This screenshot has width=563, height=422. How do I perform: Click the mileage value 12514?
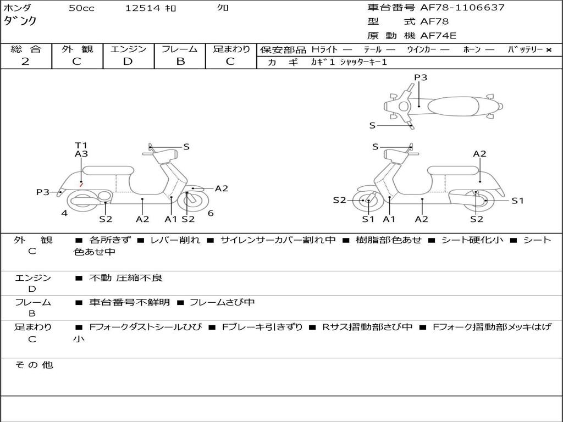pos(142,8)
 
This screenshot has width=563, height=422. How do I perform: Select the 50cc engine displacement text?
pos(81,8)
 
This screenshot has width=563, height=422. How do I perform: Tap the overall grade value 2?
pos(25,62)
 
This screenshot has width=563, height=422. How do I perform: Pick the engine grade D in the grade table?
pos(128,62)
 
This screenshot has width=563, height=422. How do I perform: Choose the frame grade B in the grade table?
pos(180,62)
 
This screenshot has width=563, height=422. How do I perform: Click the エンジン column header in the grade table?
pos(128,49)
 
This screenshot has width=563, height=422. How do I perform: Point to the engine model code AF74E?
pos(438,36)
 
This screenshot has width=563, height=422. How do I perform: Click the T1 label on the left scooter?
pos(81,145)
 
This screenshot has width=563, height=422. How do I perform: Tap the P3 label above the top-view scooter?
pos(421,77)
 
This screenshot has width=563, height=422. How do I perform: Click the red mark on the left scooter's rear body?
pos(81,185)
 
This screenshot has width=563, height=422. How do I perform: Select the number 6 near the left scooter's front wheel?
pos(211,213)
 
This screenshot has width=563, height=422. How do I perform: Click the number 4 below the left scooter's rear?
pos(64,213)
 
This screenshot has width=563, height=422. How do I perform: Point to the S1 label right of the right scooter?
pos(517,201)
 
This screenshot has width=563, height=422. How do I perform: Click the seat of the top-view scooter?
pos(450,105)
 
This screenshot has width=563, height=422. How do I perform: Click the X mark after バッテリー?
pos(548,50)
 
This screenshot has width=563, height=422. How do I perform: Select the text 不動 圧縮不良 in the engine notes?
pos(126,278)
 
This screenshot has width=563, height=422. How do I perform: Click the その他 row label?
pos(34,365)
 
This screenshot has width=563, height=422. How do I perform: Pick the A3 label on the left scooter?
pos(81,154)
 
